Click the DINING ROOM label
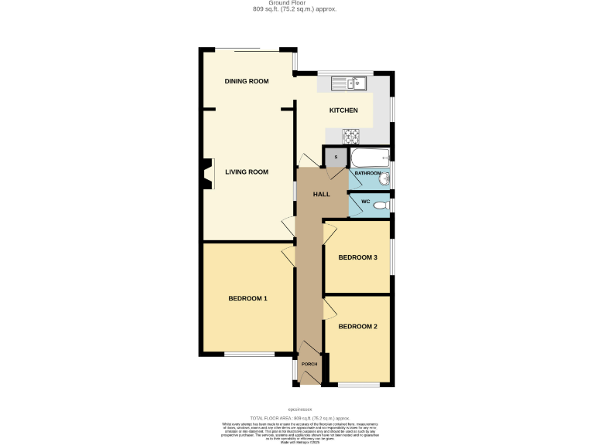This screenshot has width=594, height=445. [x=246, y=82]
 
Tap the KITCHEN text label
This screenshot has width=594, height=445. [x=343, y=110]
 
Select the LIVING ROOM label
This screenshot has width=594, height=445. [x=246, y=172]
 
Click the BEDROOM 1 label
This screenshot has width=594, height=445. [x=247, y=298]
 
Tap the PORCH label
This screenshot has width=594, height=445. [x=309, y=363]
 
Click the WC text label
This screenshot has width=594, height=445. [x=367, y=202]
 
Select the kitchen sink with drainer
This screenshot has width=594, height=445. [x=351, y=82]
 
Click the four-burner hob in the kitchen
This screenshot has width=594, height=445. [x=352, y=136]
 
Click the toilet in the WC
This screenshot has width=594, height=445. [x=386, y=205]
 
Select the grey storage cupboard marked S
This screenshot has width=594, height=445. [x=335, y=157]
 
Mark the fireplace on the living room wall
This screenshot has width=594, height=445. [x=206, y=173]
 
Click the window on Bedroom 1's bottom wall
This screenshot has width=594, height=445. [x=247, y=355]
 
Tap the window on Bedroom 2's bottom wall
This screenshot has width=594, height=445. [x=359, y=384]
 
